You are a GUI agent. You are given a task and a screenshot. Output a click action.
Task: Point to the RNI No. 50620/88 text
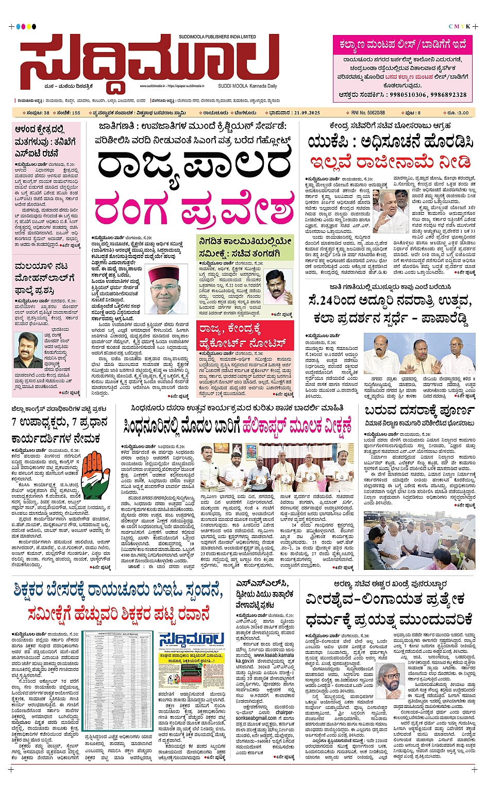point(368,112)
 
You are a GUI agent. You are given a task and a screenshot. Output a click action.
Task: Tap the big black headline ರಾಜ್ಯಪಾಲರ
point(195,166)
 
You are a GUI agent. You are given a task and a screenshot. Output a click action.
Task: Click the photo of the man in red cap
point(166,289)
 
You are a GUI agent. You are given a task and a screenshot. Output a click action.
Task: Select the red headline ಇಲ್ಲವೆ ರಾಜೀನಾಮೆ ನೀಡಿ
point(390,162)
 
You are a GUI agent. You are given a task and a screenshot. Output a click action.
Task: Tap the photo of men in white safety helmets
point(419,539)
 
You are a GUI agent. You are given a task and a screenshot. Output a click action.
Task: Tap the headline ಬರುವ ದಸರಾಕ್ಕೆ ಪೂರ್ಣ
point(419,411)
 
